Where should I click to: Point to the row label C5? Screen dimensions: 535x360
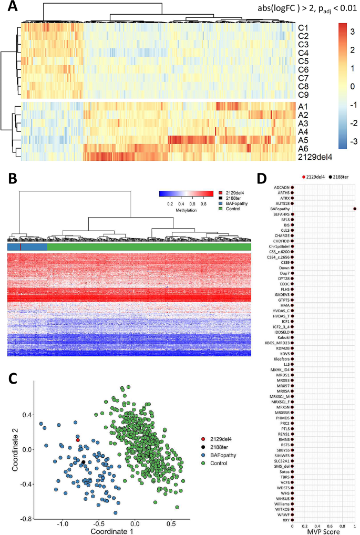303,61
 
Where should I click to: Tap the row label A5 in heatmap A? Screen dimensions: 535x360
303,140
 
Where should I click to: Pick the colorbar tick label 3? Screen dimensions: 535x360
351,31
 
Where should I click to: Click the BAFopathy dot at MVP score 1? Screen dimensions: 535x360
355,209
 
